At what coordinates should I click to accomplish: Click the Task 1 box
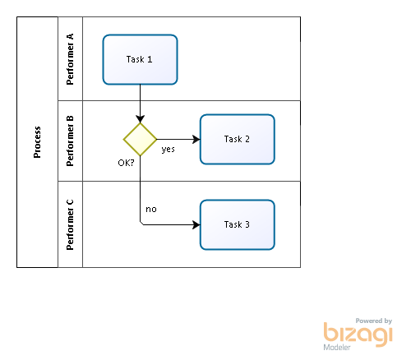coord(140,59)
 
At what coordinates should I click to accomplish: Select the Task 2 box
coord(238,139)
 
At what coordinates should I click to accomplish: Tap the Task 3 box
coord(238,224)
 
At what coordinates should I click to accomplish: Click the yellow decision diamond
coord(140,139)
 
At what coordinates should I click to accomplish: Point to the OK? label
coord(126,163)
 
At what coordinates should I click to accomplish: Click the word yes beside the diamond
coord(168,150)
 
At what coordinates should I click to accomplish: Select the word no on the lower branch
coord(151,210)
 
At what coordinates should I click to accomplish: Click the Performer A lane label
coord(70,59)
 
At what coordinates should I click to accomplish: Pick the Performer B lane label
coord(70,141)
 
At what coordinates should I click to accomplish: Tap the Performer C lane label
coord(70,224)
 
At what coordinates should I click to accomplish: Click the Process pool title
coord(37,142)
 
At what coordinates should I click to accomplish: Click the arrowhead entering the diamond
coord(140,119)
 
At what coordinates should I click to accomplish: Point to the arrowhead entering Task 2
coord(196,139)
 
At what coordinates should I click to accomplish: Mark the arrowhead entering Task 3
coord(196,224)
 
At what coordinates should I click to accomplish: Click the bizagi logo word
coord(358,334)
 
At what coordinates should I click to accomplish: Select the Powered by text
coord(374,321)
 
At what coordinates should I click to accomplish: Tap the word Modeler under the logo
coord(337,348)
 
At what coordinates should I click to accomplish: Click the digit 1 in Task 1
coord(150,59)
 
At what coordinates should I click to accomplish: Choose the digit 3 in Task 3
coord(247,224)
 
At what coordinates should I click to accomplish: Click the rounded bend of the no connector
coord(141,224)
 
